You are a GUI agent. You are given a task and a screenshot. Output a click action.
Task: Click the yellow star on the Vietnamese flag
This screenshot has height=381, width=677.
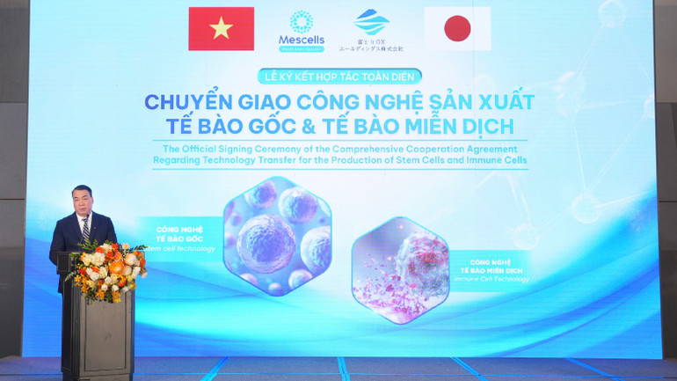[221, 28]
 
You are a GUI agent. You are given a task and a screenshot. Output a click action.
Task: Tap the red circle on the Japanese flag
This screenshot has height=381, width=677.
[457, 29]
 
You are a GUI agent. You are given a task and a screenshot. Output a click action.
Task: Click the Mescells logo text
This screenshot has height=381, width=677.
[302, 40]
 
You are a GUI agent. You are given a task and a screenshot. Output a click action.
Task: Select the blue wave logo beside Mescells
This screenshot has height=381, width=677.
[371, 22]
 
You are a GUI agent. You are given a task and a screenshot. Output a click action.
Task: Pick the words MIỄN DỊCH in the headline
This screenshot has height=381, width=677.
[463, 126]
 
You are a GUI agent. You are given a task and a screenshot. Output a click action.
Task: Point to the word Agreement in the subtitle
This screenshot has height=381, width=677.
[488, 149]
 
